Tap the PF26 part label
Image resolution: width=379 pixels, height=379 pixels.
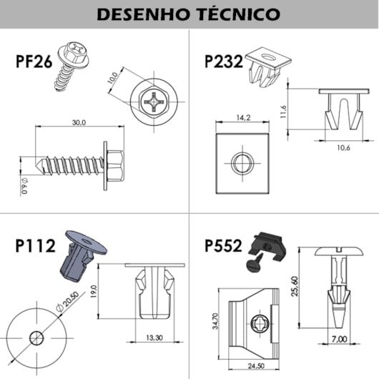(x=34, y=61)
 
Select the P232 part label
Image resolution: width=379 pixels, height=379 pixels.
(x=224, y=61)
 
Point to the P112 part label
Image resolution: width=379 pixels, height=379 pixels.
(x=36, y=246)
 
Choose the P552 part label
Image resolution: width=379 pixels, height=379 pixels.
(x=224, y=246)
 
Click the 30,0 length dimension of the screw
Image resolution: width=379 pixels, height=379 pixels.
(x=78, y=123)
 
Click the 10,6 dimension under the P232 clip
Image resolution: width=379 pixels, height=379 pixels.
(x=343, y=149)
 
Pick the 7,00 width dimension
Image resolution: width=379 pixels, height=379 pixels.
(x=339, y=338)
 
